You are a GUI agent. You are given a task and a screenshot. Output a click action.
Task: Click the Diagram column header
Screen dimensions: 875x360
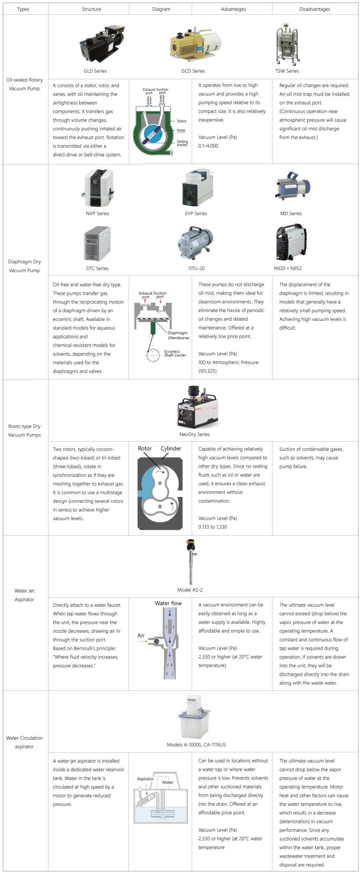click(161, 9)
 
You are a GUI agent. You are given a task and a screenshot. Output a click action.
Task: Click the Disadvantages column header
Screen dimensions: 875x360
click(315, 9)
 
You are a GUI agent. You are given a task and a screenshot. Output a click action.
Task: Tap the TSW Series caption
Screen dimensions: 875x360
click(287, 71)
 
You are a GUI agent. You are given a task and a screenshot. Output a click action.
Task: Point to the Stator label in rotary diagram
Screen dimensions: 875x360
click(182, 121)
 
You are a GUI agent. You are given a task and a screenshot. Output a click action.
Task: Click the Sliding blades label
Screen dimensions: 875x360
click(182, 143)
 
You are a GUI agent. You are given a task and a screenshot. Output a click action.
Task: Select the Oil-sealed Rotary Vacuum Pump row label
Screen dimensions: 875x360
click(24, 84)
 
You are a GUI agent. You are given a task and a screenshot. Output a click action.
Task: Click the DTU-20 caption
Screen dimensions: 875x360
click(196, 268)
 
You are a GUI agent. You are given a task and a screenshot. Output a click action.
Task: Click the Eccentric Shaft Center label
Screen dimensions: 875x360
click(175, 353)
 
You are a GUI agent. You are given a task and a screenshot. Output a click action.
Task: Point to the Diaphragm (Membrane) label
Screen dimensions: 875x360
click(178, 335)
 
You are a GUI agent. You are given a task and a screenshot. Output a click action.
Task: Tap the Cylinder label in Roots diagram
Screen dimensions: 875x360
click(171, 448)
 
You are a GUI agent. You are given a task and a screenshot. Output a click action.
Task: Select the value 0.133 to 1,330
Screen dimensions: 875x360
click(213, 527)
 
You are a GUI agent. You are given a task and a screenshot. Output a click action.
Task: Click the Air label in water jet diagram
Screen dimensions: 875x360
click(141, 635)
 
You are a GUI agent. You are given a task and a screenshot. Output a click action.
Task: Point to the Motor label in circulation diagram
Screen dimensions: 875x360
click(168, 782)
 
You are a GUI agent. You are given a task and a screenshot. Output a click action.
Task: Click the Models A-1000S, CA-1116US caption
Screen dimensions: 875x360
click(196, 745)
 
